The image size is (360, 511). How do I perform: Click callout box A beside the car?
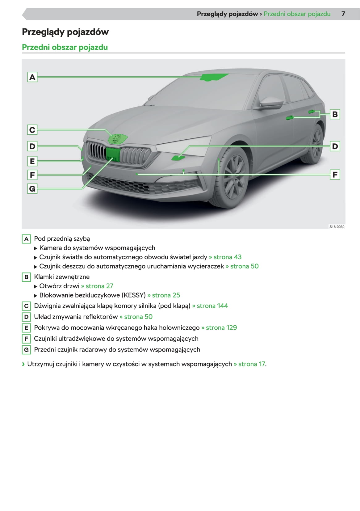[32, 77]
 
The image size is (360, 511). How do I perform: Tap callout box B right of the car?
[335, 114]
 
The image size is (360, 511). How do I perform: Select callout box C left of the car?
[32, 130]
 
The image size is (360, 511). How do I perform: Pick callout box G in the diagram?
[32, 188]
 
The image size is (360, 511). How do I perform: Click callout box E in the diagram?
[32, 161]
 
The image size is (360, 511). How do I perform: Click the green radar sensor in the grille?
[112, 154]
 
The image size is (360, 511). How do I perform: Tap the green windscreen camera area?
[213, 77]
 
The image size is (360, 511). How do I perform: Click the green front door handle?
[289, 117]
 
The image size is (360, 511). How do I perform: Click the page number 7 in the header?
[343, 14]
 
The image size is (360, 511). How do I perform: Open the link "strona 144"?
[212, 306]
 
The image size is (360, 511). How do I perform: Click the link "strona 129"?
[221, 328]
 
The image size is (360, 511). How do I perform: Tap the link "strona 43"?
[227, 257]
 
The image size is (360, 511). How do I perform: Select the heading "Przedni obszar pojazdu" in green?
[65, 47]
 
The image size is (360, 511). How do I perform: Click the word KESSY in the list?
[134, 295]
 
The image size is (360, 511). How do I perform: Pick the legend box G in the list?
[26, 350]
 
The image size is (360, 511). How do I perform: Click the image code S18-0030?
[337, 227]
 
